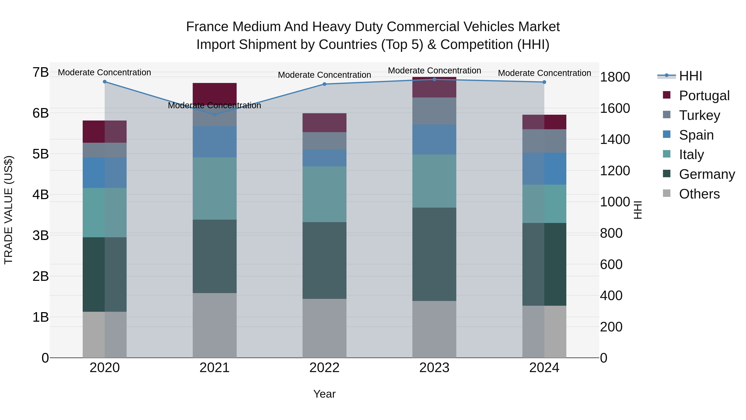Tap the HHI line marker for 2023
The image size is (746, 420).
tap(434, 79)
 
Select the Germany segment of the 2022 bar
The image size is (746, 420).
tap(324, 260)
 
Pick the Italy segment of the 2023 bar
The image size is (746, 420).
tap(434, 181)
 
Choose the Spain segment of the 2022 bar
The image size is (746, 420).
tap(324, 158)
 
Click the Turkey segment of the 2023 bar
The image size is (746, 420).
tap(434, 111)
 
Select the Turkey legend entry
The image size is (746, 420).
tap(699, 115)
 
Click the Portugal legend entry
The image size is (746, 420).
tap(704, 96)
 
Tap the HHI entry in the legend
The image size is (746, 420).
tap(690, 76)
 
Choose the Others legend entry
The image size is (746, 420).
tap(699, 194)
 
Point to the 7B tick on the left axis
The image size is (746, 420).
tap(41, 72)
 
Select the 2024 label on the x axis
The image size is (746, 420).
tap(544, 368)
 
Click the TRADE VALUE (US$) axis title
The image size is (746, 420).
tap(9, 209)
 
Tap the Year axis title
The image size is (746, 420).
tap(324, 394)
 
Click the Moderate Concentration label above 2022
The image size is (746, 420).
tap(324, 75)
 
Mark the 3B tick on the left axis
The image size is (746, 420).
tap(41, 235)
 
